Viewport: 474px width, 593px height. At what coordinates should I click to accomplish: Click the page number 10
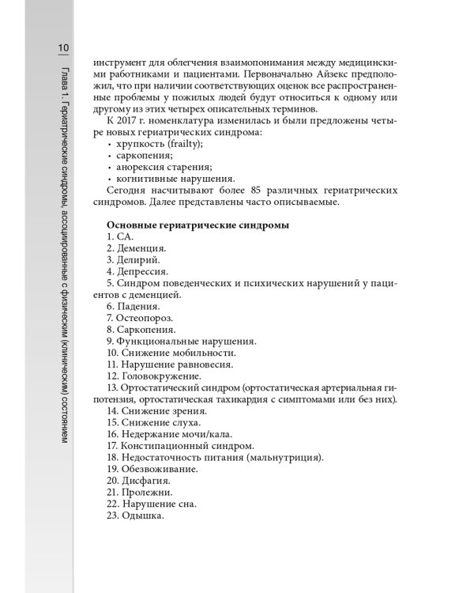63,49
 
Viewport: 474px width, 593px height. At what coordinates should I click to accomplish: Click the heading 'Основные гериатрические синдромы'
197,225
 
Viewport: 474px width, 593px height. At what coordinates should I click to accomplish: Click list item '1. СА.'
120,237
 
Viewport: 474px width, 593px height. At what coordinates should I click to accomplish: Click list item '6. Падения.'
133,306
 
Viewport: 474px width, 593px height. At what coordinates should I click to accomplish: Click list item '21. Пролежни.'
140,492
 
